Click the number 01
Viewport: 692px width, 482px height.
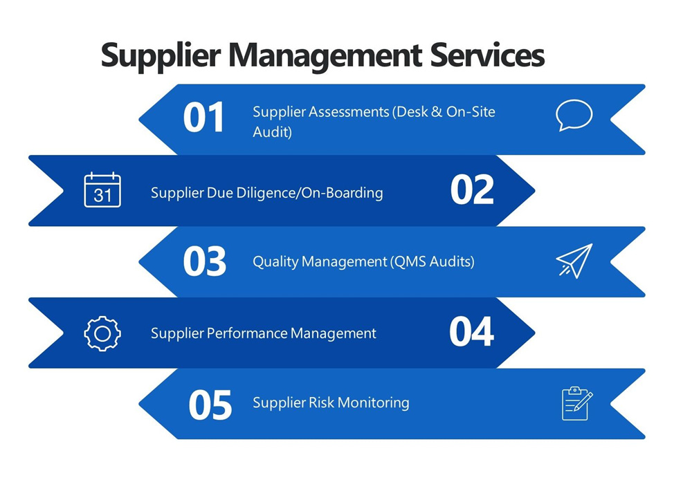(204, 118)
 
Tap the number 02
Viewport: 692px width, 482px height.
(472, 190)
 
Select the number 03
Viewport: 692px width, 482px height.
(204, 261)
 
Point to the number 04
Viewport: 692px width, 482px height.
(472, 332)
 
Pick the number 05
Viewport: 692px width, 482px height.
(210, 405)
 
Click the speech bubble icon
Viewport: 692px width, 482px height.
(574, 115)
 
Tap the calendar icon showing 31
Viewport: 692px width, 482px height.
(102, 189)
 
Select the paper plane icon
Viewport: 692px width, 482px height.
(574, 261)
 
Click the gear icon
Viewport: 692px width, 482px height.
(102, 333)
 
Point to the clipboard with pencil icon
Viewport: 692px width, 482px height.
(576, 403)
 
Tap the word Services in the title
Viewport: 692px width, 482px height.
(488, 55)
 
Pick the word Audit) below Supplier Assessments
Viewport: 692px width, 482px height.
(272, 132)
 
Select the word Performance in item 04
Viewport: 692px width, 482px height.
(248, 333)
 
